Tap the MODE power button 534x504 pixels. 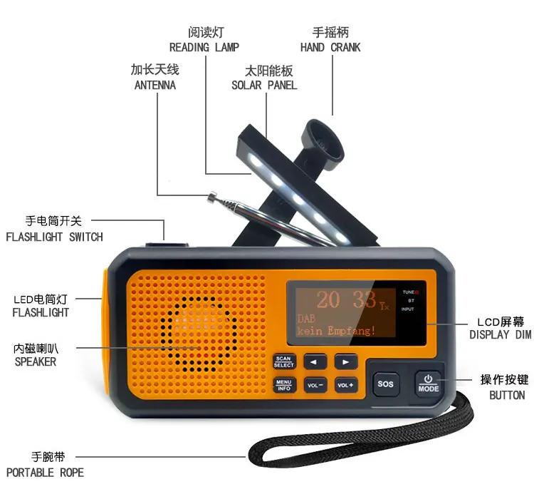[429, 383]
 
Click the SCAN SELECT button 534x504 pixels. [283, 361]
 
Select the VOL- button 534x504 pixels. [315, 385]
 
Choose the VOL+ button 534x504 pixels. [345, 385]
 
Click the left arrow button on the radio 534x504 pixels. [315, 361]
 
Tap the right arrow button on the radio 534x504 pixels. [345, 361]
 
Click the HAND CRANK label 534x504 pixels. [330, 47]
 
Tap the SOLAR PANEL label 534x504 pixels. [264, 85]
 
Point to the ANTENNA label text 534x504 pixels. [155, 85]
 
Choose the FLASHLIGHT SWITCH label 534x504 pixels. [54, 237]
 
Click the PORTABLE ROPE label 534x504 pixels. [45, 472]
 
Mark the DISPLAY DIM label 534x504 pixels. [500, 334]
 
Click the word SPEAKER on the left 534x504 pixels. [35, 361]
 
